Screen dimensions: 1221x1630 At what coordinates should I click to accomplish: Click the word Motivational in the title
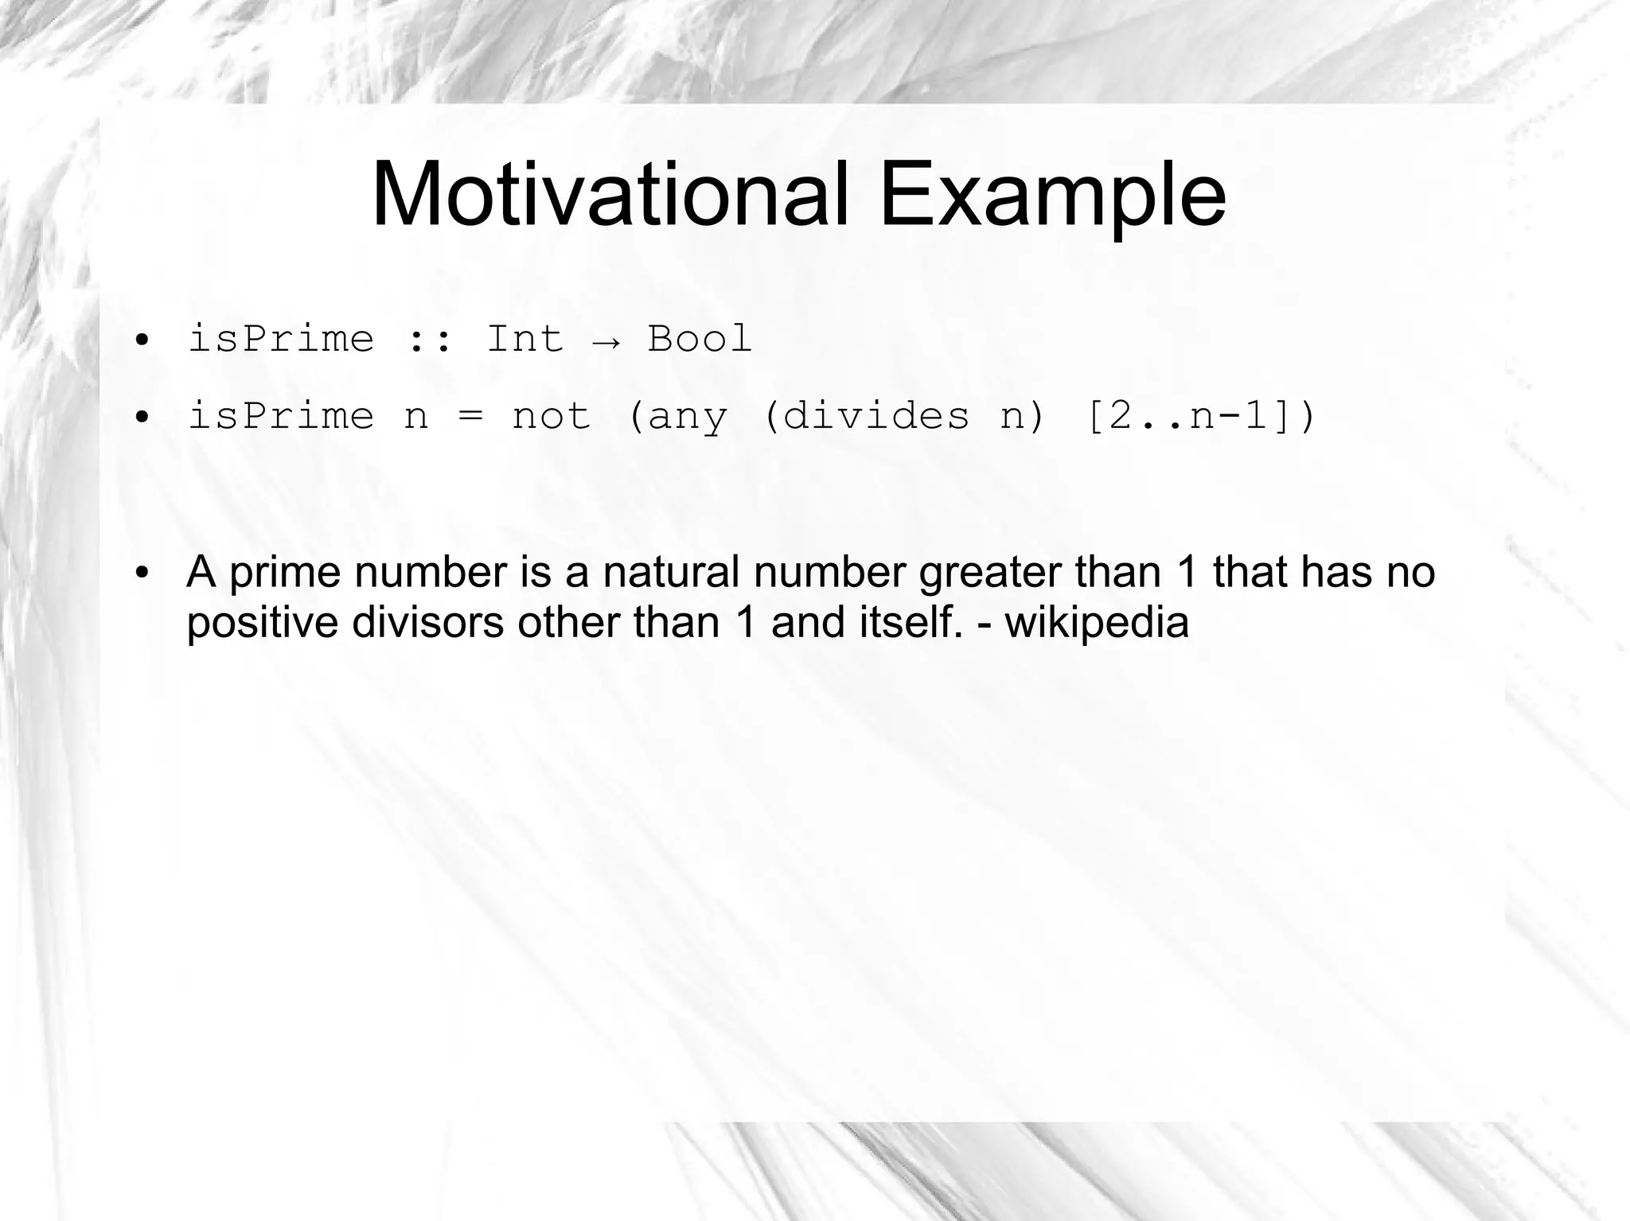(x=610, y=195)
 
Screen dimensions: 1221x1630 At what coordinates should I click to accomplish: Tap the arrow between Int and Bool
(x=606, y=340)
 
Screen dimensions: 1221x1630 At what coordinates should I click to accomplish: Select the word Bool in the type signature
(x=700, y=339)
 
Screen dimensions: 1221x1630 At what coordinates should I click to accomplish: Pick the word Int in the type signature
(x=524, y=339)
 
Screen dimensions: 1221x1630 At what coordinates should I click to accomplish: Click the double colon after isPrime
(x=431, y=340)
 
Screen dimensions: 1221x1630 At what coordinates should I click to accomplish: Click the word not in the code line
(x=552, y=416)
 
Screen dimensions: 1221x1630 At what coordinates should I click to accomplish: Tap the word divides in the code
(x=875, y=416)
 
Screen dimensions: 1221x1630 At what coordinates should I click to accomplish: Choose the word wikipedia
(x=1097, y=622)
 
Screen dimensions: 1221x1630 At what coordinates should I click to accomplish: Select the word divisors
(x=428, y=622)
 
